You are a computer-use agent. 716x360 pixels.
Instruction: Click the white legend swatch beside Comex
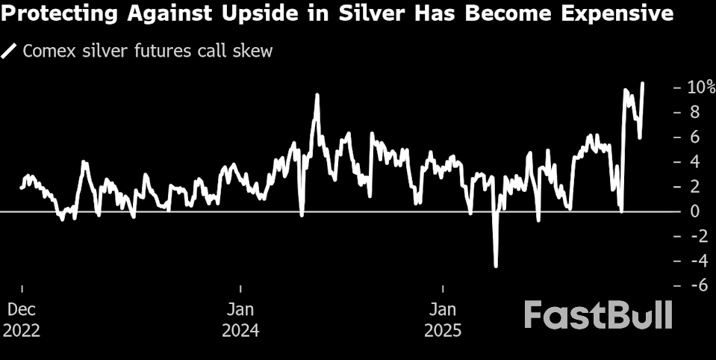click(x=10, y=52)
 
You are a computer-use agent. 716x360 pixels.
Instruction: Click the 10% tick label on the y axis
click(x=700, y=87)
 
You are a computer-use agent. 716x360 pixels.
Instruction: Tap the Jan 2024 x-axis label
click(x=240, y=319)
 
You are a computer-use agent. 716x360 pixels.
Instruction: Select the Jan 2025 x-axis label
click(x=443, y=319)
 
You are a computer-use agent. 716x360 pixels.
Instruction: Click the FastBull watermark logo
click(x=597, y=314)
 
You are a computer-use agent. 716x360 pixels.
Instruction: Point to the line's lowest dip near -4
click(x=495, y=265)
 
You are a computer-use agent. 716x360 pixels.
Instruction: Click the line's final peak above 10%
click(x=644, y=84)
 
